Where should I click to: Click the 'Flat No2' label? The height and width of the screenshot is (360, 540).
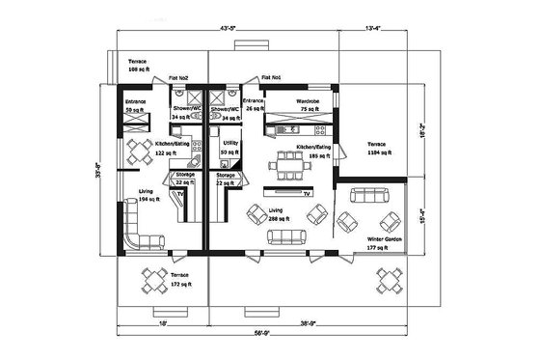pos(178,77)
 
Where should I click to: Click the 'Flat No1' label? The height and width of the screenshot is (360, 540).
pos(271,77)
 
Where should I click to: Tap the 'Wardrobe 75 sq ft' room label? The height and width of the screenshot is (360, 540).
pos(308,105)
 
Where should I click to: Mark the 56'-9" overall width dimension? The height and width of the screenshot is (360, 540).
pos(261,333)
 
